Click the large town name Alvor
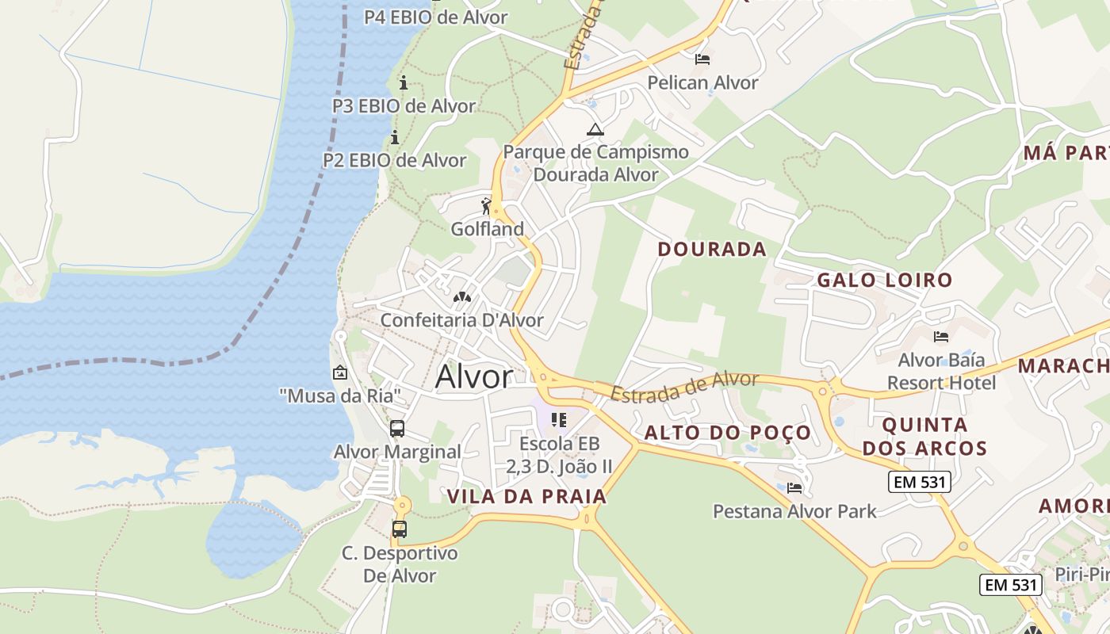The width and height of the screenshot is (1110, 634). pos(474,376)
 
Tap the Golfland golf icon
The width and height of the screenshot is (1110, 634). pos(487,207)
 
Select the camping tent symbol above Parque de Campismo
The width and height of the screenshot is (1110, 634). pos(595,129)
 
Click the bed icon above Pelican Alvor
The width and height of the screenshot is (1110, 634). pos(702,59)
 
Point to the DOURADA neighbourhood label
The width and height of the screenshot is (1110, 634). pos(712,249)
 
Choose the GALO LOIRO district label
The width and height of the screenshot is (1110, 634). pos(884,280)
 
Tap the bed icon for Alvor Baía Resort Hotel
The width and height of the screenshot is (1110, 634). pos(941,337)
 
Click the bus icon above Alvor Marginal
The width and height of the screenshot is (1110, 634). pos(397,429)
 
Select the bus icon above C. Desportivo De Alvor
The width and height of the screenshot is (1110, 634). pos(400,529)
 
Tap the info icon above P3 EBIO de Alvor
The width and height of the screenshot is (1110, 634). pos(404,82)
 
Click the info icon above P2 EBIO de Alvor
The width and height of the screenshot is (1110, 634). pos(395,138)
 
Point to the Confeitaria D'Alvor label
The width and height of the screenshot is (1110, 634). pos(462,320)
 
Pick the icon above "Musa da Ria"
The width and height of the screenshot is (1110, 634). pos(340,372)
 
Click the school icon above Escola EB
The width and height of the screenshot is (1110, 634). pos(559,420)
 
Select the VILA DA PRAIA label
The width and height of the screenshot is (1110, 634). pos(526,497)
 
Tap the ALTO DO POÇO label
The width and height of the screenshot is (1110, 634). pos(728,433)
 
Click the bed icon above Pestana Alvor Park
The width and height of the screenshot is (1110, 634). pos(794,488)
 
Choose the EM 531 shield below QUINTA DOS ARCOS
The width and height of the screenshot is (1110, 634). pos(919,482)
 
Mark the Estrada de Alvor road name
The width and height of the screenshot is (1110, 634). pos(684,386)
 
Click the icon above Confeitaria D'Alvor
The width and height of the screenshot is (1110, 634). pos(461,298)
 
